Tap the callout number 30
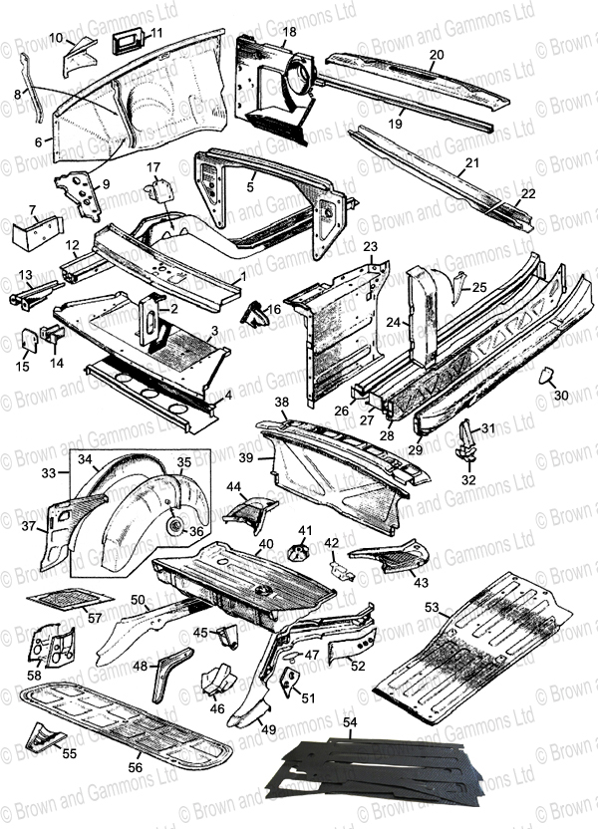560,396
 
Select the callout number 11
156,34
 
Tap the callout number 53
458,605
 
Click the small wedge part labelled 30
546,379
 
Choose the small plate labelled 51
289,681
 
